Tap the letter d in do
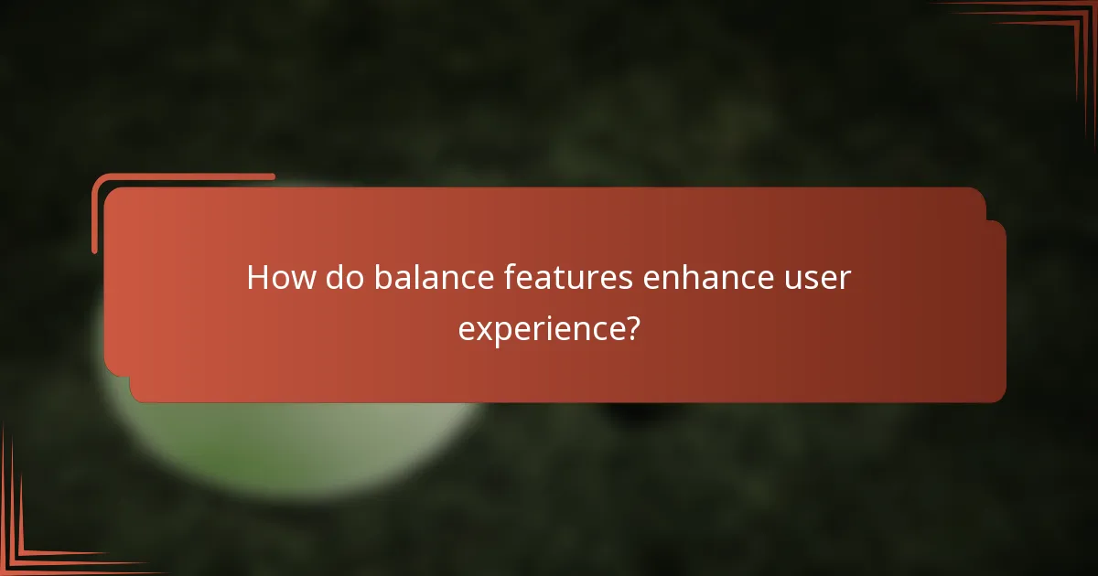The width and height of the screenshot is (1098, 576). pyautogui.click(x=335, y=278)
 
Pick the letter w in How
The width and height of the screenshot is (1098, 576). pyautogui.click(x=302, y=279)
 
